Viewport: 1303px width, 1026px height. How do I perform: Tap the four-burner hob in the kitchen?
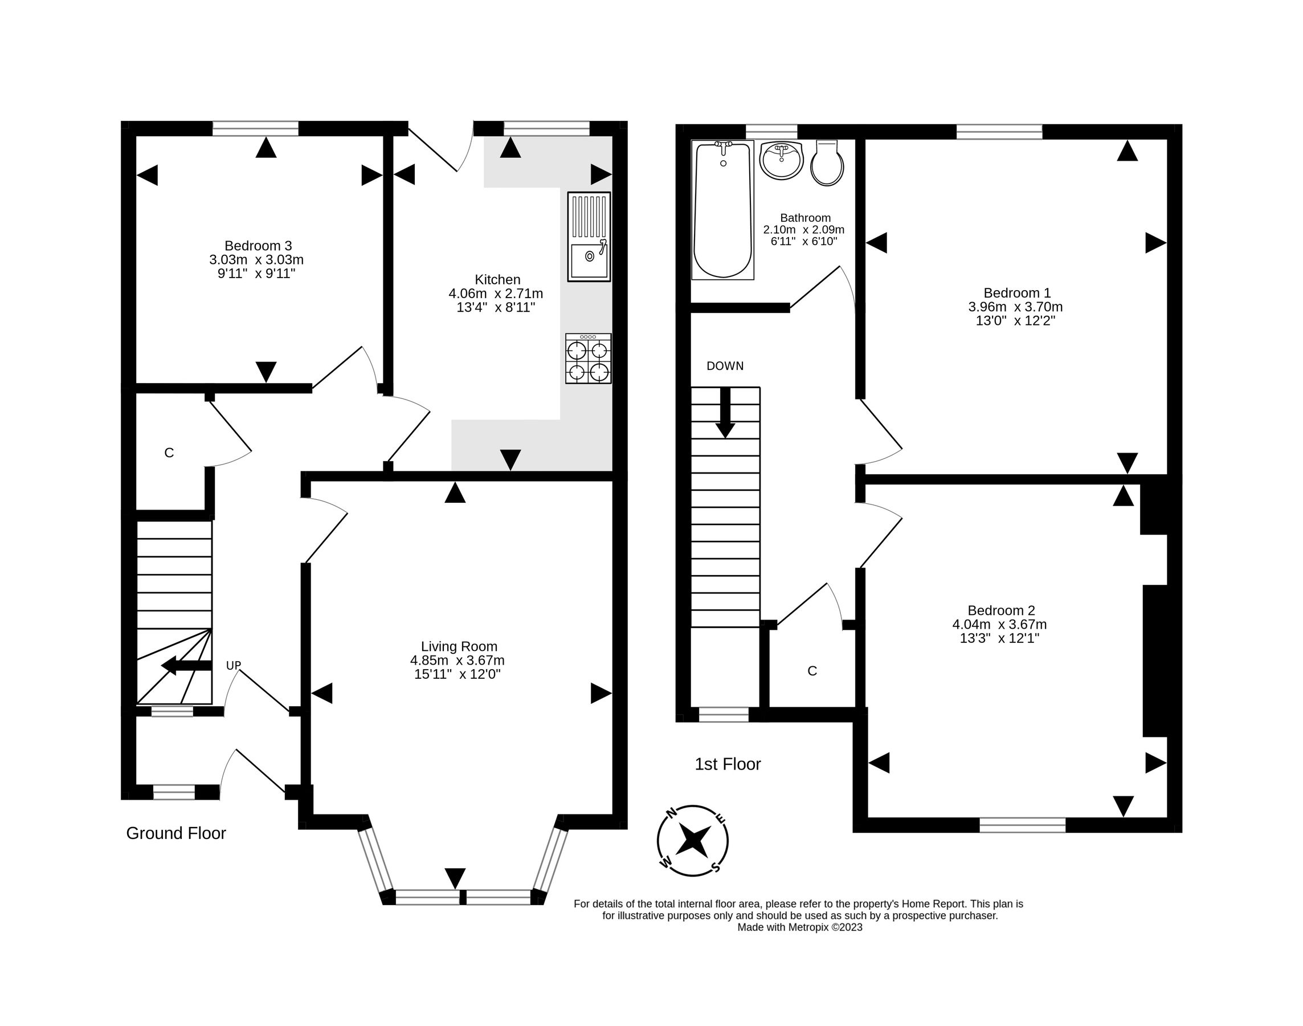click(x=588, y=359)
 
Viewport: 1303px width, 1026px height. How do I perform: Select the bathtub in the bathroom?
click(x=722, y=210)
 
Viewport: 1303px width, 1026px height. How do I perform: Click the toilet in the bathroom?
click(x=827, y=164)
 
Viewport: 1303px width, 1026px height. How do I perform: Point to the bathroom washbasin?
click(x=781, y=160)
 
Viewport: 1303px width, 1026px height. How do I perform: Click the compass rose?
click(x=693, y=840)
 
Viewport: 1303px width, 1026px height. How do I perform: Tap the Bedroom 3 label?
click(x=258, y=246)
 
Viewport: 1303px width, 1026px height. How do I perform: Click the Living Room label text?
click(x=459, y=646)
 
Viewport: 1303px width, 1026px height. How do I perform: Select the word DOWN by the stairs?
click(x=725, y=366)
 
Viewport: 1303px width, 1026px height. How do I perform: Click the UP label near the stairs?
click(x=234, y=665)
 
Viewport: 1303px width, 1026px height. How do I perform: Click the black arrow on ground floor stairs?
click(x=187, y=665)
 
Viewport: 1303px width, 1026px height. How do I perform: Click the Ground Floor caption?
click(x=176, y=833)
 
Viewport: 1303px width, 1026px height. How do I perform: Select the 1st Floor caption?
click(x=727, y=764)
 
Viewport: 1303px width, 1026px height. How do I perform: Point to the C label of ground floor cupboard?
click(x=169, y=453)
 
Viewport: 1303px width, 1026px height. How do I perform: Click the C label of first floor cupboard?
click(x=812, y=671)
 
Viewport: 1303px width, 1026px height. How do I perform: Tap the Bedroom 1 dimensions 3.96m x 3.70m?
click(x=1015, y=307)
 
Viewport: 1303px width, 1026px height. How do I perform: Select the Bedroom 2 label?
click(x=1001, y=610)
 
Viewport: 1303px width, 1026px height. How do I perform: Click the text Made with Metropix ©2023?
click(x=800, y=927)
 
